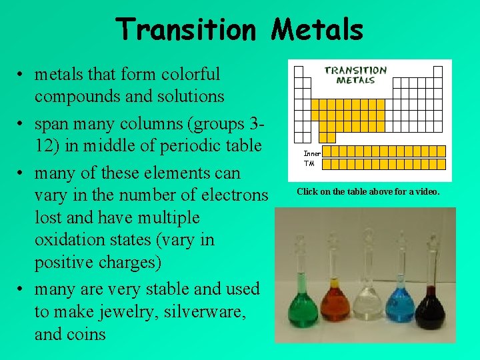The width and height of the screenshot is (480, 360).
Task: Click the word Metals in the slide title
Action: point(317,30)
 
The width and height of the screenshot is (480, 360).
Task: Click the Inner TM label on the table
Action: point(311,158)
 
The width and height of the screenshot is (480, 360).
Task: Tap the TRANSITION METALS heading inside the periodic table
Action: point(355,75)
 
